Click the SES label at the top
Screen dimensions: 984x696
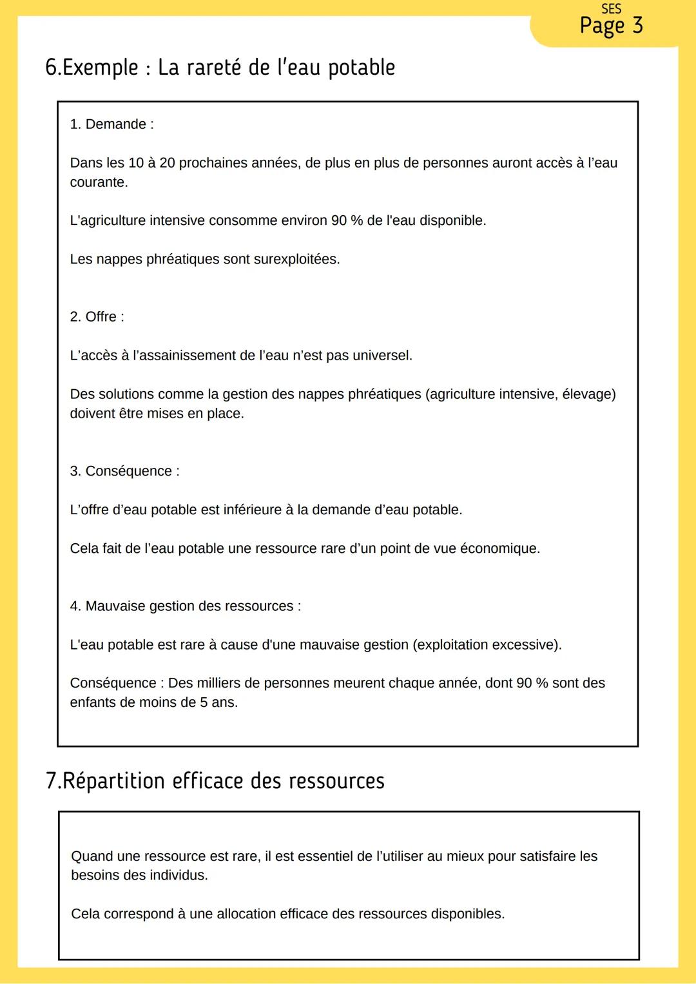click(x=610, y=9)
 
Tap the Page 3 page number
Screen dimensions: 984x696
click(x=611, y=26)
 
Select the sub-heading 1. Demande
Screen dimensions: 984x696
click(x=111, y=124)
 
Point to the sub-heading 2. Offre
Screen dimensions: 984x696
click(x=97, y=317)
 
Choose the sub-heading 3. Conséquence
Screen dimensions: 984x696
click(x=124, y=471)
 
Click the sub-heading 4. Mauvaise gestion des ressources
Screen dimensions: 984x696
click(x=185, y=606)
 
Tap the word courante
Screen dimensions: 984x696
click(x=99, y=182)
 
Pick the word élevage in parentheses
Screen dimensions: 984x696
click(x=588, y=394)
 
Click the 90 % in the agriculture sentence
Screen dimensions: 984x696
click(x=347, y=220)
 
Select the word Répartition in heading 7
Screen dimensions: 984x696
click(x=112, y=781)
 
